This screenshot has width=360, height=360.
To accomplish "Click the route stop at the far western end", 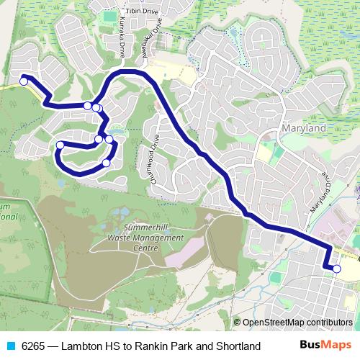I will pos(23,81).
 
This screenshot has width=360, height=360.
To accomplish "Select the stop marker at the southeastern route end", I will pos(336,269).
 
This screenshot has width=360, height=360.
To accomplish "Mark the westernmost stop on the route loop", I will pos(60,145).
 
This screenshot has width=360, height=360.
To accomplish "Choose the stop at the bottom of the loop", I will pos(106,163).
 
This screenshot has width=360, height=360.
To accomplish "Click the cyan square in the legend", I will pos(10,346).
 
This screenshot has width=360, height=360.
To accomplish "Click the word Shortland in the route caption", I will pos(236,346).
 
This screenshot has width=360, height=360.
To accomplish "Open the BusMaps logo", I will pos(325,346).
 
